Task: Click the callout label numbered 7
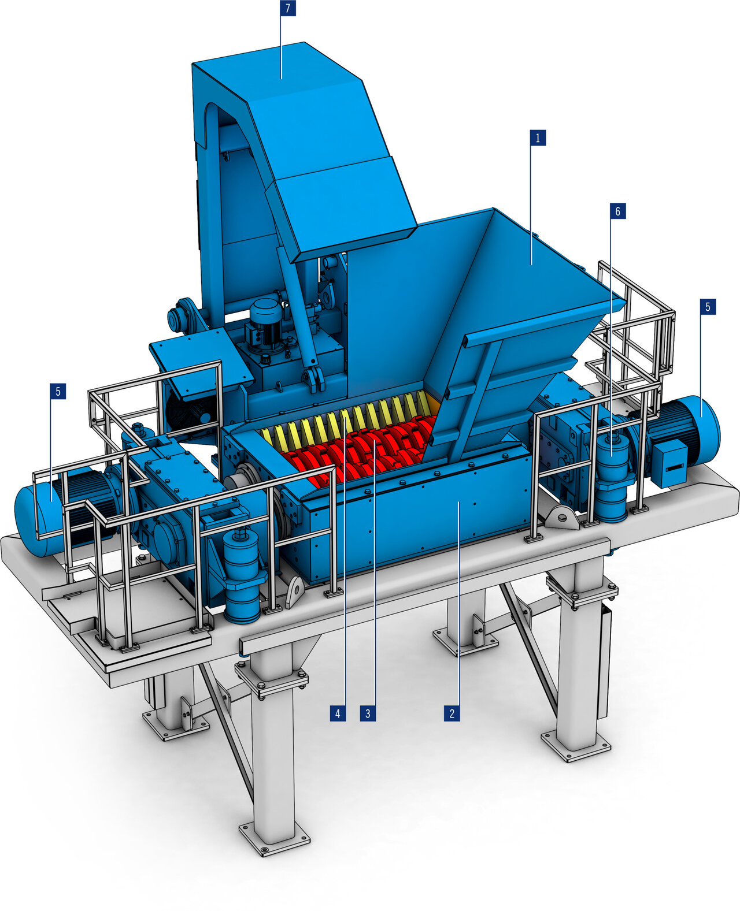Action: point(287,9)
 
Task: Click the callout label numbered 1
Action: point(538,138)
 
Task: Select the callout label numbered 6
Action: point(617,211)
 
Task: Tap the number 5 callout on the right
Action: point(708,307)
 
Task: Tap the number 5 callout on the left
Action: point(57,391)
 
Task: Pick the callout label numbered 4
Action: point(338,713)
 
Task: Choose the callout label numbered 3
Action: point(367,713)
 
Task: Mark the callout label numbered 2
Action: point(452,713)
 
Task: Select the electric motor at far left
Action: point(40,517)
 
